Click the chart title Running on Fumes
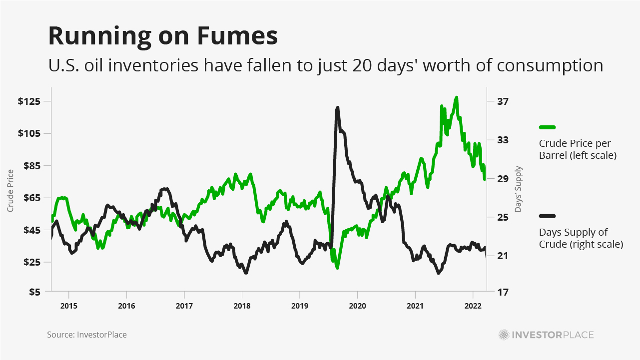(x=162, y=36)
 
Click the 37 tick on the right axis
(x=503, y=101)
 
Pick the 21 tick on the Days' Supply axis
(x=502, y=256)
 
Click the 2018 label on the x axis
(x=242, y=305)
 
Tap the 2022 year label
(x=473, y=305)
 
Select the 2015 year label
(x=69, y=305)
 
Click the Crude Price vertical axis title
(x=10, y=190)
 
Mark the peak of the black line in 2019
(x=338, y=107)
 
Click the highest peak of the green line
(x=456, y=97)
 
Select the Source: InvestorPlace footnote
(x=87, y=335)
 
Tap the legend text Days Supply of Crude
(x=581, y=238)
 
